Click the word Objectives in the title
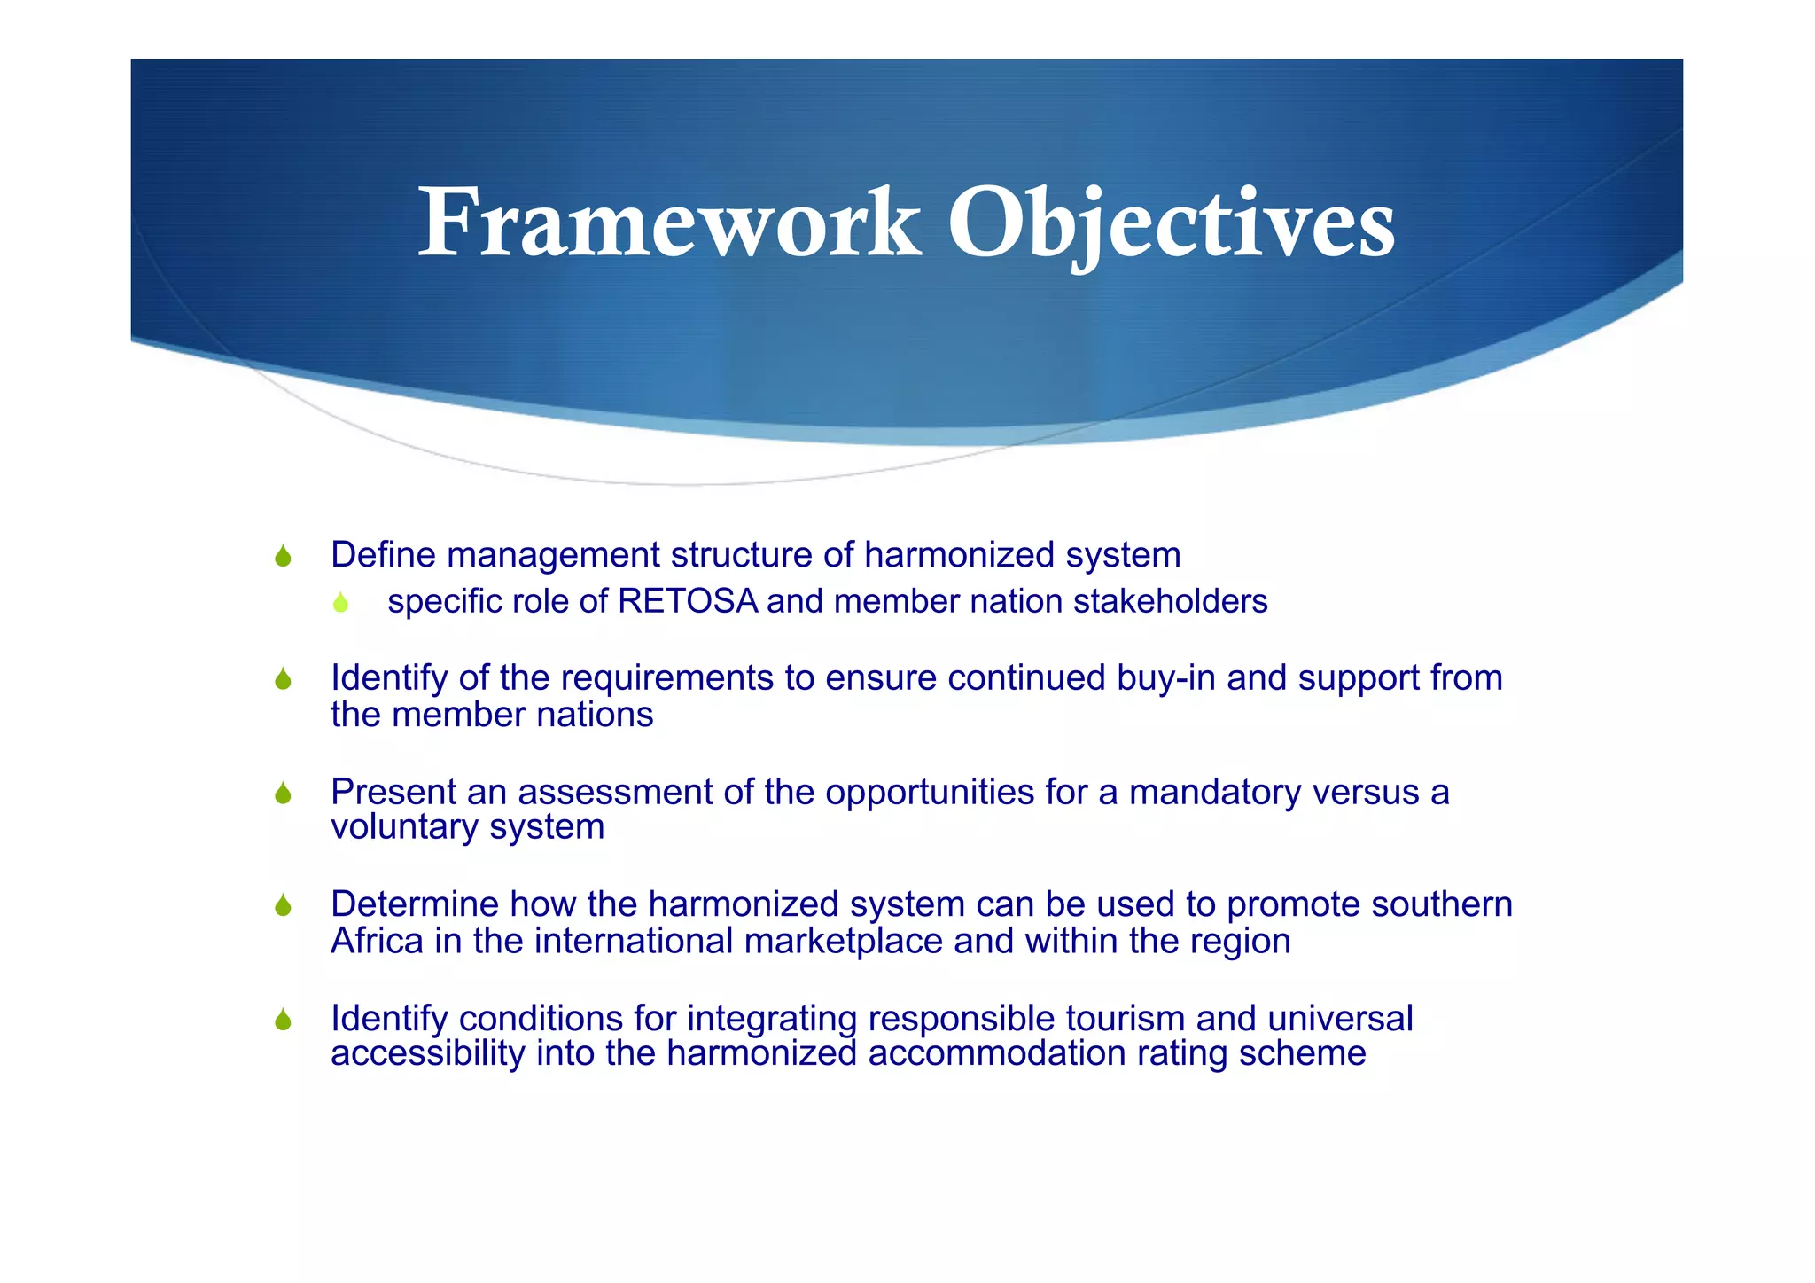(x=1172, y=223)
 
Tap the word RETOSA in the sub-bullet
(x=688, y=602)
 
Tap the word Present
(x=393, y=792)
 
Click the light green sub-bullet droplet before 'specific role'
(x=340, y=603)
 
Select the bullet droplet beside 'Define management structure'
(x=283, y=556)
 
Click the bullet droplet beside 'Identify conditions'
(x=283, y=1020)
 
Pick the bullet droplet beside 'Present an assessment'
(x=283, y=793)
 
